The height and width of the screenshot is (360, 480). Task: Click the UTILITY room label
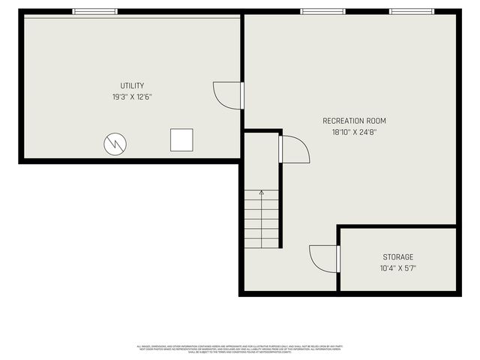pyautogui.click(x=132, y=85)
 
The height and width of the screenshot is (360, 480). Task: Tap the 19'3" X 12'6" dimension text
pyautogui.click(x=132, y=97)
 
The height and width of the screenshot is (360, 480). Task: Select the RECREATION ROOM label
pyautogui.click(x=355, y=121)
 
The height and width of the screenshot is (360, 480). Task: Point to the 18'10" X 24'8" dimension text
pyautogui.click(x=355, y=132)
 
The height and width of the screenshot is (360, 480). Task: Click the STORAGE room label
pyautogui.click(x=397, y=257)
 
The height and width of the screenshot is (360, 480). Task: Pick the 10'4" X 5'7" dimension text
pyautogui.click(x=397, y=268)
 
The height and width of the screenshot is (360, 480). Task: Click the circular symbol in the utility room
pyautogui.click(x=115, y=142)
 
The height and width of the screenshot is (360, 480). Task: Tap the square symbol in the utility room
pyautogui.click(x=181, y=139)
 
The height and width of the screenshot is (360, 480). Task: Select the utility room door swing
pyautogui.click(x=226, y=94)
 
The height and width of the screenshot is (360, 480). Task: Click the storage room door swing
pyautogui.click(x=323, y=259)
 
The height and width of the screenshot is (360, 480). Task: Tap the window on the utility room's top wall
pyautogui.click(x=95, y=11)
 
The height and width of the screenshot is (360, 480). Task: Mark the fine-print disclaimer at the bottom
pyautogui.click(x=239, y=349)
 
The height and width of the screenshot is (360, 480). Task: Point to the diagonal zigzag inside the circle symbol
pyautogui.click(x=115, y=142)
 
